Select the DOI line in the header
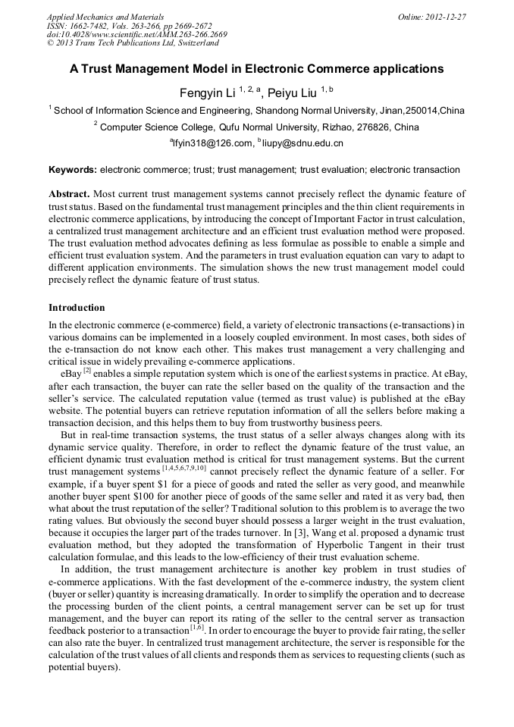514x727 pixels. [x=136, y=34]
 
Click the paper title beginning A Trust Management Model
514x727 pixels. [x=256, y=68]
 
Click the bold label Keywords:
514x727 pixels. [x=73, y=170]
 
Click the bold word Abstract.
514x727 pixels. [x=70, y=194]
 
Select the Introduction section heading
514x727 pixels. [x=77, y=308]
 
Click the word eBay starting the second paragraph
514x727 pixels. [x=71, y=373]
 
